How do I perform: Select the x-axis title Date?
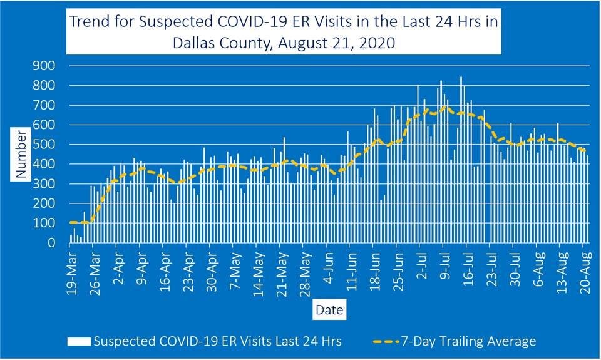click(x=329, y=310)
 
